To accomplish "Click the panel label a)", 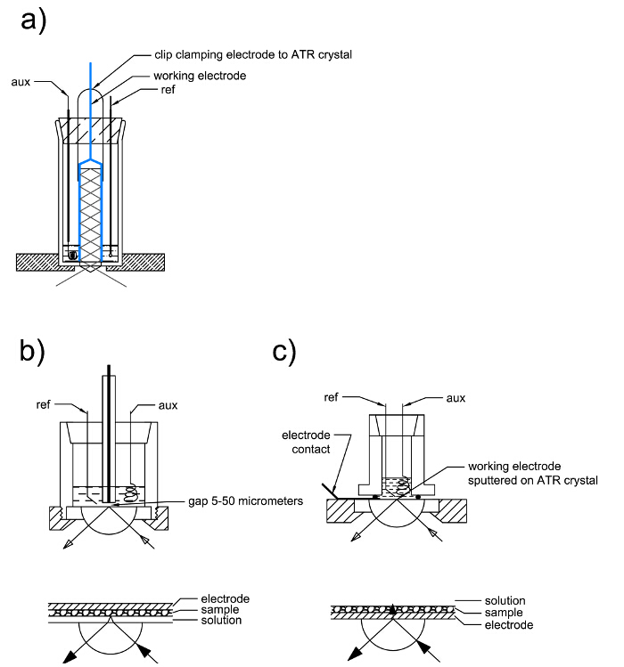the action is tap(33, 20).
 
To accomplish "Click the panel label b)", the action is tap(32, 352).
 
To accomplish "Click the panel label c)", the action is tap(284, 353).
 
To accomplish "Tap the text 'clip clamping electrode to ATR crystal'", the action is tap(253, 55).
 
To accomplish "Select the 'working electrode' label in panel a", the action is tap(200, 76).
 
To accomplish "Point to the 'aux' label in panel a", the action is tap(21, 82).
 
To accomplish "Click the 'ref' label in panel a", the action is tap(168, 90).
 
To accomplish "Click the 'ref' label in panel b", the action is tap(43, 404).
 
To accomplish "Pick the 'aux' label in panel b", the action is tap(168, 405).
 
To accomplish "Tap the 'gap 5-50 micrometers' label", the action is tap(246, 501).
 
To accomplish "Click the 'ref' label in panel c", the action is tap(331, 397).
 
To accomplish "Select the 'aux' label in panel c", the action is tap(456, 398).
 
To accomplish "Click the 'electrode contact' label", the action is tap(307, 442).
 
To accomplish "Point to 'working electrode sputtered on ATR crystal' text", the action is tap(533, 473).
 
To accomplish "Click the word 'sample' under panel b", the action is tap(220, 610).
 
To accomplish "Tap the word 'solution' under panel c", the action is tap(505, 600).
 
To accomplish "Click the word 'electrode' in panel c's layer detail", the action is tap(509, 625).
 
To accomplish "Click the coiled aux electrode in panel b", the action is tap(131, 494).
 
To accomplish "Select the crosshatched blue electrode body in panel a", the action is tap(91, 214).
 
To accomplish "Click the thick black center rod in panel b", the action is tap(109, 433).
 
